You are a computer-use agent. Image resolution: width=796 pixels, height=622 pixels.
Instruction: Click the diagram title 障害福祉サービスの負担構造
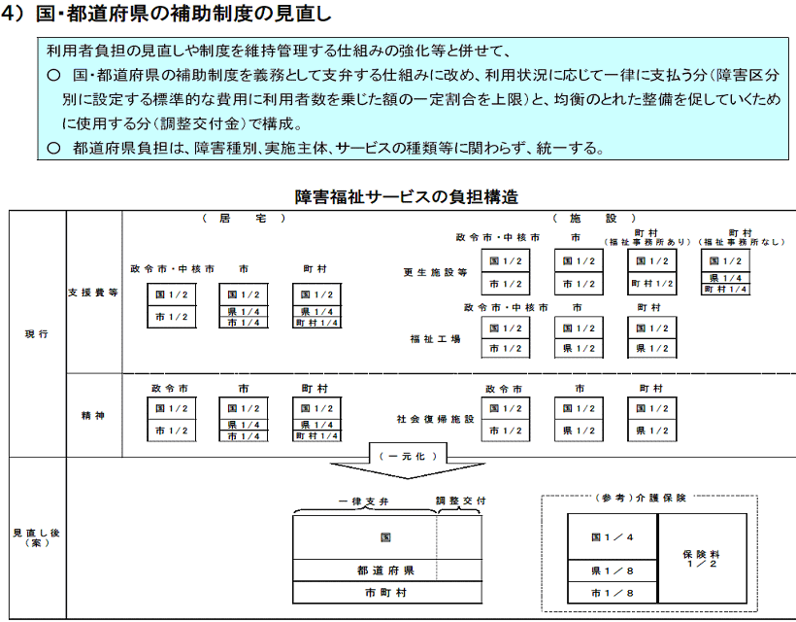coord(406,196)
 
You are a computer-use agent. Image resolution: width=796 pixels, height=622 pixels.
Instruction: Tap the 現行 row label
coord(37,334)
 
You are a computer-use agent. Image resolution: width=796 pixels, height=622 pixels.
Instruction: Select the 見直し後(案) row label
coord(37,537)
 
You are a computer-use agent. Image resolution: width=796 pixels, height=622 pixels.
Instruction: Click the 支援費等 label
coord(93,293)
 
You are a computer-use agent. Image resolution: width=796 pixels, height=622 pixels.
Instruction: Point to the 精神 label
coord(93,415)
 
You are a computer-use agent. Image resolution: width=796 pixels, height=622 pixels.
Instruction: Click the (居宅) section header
coord(244,218)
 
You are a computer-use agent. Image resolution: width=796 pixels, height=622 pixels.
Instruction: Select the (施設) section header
coord(594,218)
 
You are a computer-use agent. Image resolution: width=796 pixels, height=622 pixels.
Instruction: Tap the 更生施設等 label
coord(435,272)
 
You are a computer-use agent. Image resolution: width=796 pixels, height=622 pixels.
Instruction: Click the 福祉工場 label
coord(435,339)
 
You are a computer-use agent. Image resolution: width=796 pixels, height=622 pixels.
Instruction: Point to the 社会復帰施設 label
coord(435,419)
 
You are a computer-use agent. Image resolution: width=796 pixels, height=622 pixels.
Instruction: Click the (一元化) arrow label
coord(408,457)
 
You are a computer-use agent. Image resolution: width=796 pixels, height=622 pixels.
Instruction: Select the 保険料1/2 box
coord(702,559)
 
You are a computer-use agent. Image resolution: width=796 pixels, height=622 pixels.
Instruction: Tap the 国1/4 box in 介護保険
coord(613,536)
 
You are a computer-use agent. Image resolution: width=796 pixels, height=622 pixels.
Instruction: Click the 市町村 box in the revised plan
coord(386,593)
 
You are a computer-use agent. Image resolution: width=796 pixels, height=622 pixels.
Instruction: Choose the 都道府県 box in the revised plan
coord(386,570)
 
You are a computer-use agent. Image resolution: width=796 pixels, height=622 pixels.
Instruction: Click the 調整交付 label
coord(460,501)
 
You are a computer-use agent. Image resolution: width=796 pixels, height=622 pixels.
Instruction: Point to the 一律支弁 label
coord(363,501)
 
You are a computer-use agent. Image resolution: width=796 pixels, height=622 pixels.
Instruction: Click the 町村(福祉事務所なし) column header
coord(741,237)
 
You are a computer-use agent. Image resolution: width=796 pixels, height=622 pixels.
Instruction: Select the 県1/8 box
coord(613,570)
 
